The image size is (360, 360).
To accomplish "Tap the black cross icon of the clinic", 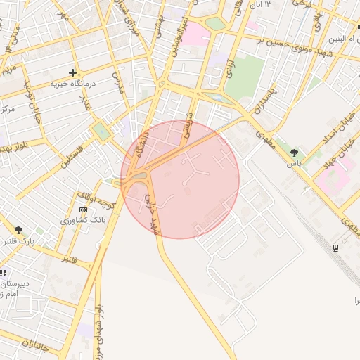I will pyautogui.click(x=72, y=72).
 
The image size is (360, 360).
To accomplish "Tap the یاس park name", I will pyautogui.click(x=294, y=162).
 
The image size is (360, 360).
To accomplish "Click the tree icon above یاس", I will pyautogui.click(x=294, y=152).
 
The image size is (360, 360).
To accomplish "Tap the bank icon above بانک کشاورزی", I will pyautogui.click(x=84, y=210).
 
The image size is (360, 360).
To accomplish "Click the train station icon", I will pyautogui.click(x=335, y=247).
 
